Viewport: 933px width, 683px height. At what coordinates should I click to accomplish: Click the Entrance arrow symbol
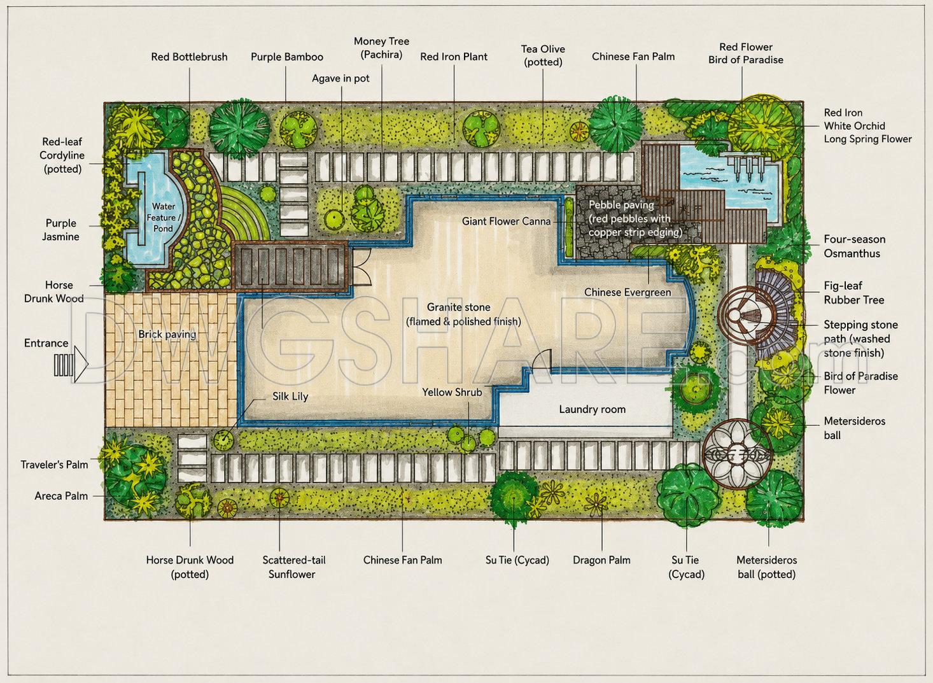[71, 364]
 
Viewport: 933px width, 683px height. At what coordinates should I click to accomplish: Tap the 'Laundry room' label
[592, 409]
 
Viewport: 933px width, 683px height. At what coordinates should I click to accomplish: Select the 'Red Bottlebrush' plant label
[189, 57]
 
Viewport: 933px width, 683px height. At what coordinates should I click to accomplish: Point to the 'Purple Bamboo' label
[286, 57]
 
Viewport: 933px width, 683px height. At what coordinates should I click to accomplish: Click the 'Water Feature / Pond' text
[164, 218]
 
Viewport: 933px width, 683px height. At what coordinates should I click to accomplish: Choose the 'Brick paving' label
[167, 334]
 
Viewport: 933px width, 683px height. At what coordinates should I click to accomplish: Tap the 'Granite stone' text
[459, 307]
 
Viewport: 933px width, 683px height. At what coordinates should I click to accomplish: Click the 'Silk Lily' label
[290, 397]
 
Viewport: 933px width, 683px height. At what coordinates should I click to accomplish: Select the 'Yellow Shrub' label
[452, 392]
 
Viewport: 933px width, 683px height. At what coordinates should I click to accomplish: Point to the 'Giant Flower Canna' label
[506, 221]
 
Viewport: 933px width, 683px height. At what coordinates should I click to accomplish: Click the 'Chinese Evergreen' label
[628, 292]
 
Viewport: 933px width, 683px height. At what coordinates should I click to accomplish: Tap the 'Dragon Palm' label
[601, 560]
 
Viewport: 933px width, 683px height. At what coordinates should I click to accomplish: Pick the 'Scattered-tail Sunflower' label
[293, 567]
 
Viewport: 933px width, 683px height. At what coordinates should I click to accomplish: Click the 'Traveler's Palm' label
[54, 465]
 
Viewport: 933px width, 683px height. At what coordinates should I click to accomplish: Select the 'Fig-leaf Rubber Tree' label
[853, 293]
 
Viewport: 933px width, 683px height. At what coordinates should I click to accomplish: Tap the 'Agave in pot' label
[340, 78]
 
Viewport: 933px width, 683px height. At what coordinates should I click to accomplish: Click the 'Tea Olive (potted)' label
[543, 55]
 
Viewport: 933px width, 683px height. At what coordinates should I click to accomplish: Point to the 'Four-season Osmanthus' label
[854, 246]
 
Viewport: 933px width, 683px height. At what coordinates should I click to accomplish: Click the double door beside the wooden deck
[361, 267]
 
